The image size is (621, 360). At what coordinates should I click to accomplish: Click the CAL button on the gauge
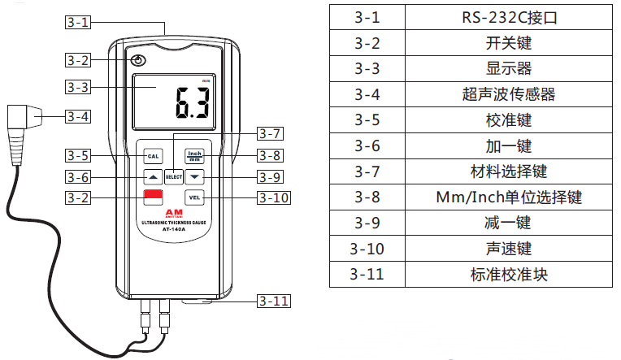[152, 155]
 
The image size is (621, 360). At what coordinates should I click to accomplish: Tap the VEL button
[194, 197]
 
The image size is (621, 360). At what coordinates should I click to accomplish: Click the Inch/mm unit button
[194, 154]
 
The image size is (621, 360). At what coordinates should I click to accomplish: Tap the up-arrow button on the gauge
[152, 176]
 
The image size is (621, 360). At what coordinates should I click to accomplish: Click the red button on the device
[153, 197]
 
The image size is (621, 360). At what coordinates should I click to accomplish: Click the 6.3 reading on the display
[192, 103]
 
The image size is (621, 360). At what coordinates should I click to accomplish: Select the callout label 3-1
[80, 23]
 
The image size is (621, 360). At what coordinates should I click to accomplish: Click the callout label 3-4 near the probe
[78, 116]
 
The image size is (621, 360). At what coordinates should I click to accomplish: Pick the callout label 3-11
[274, 301]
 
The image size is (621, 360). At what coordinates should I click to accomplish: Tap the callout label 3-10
[273, 197]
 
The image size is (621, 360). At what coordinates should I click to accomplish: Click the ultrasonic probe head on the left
[27, 119]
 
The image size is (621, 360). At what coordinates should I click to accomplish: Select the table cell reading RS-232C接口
[508, 16]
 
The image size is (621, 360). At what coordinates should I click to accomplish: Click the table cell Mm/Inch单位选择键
[508, 197]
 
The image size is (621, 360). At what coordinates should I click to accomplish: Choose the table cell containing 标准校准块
[508, 274]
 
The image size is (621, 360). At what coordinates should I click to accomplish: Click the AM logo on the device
[173, 211]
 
